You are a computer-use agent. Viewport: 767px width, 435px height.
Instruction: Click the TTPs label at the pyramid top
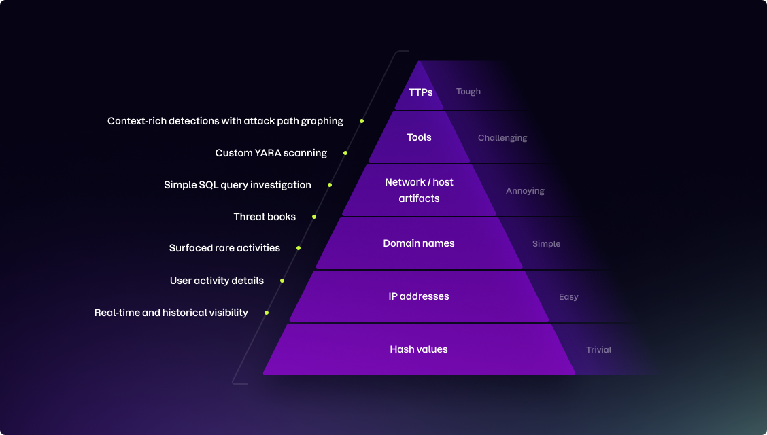pyautogui.click(x=420, y=92)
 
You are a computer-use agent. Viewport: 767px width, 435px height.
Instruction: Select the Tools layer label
pyautogui.click(x=419, y=137)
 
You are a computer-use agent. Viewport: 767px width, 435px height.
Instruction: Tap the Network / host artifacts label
pyautogui.click(x=419, y=190)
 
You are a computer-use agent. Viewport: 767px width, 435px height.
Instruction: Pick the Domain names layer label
pyautogui.click(x=419, y=243)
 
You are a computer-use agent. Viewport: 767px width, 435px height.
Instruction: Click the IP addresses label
pyautogui.click(x=419, y=296)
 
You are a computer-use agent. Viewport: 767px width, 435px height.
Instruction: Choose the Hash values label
pyautogui.click(x=419, y=349)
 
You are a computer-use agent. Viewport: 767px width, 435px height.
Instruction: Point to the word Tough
pyautogui.click(x=468, y=92)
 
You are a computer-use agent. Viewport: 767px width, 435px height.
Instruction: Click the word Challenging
pyautogui.click(x=502, y=138)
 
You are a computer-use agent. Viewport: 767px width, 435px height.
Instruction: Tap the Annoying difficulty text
pyautogui.click(x=525, y=191)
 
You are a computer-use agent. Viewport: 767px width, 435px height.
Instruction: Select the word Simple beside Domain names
pyautogui.click(x=546, y=244)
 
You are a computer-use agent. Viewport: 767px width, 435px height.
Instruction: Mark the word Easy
pyautogui.click(x=568, y=297)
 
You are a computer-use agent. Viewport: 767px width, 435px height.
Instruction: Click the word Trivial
pyautogui.click(x=598, y=350)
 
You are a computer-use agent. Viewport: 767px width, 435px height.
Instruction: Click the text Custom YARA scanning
pyautogui.click(x=271, y=153)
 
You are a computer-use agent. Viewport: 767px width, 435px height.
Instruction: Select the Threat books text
pyautogui.click(x=265, y=217)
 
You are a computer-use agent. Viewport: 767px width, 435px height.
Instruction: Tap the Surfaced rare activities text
pyautogui.click(x=224, y=248)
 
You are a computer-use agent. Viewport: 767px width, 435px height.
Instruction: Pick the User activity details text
pyautogui.click(x=216, y=280)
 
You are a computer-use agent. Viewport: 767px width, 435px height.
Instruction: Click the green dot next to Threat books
pyautogui.click(x=314, y=217)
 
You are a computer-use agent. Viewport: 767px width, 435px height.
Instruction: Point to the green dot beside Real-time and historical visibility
pyautogui.click(x=267, y=313)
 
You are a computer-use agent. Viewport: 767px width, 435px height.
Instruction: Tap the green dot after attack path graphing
pyautogui.click(x=362, y=121)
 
